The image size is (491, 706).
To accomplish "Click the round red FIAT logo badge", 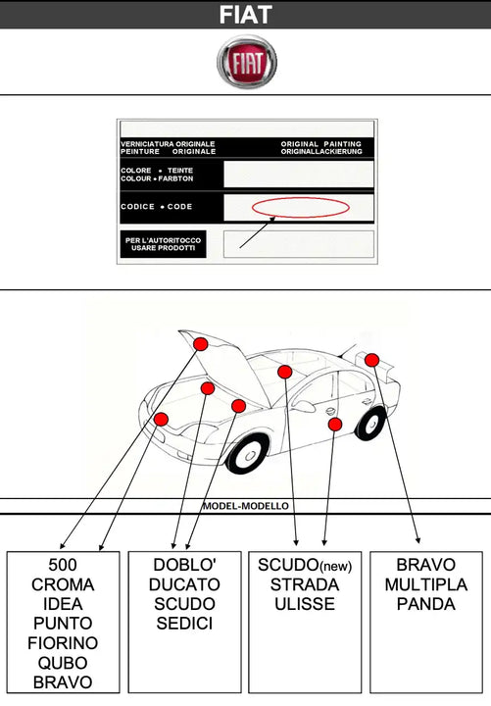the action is click(247, 62).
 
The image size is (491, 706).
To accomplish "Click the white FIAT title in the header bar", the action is click(245, 15).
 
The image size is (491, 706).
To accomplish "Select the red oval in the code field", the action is click(301, 207).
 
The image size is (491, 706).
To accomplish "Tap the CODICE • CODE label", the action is click(157, 207).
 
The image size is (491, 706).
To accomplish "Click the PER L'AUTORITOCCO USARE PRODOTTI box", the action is click(163, 244).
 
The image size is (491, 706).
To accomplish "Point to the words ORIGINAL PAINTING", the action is click(320, 143).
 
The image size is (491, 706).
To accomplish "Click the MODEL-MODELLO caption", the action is click(245, 506).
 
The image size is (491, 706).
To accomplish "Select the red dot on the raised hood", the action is click(200, 344).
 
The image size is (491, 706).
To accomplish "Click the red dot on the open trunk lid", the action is click(371, 360).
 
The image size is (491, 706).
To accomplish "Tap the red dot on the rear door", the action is click(335, 424).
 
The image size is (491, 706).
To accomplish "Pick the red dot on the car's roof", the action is click(284, 372).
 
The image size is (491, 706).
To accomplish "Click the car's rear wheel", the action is click(371, 424).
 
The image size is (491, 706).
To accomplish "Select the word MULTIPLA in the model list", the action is click(425, 584).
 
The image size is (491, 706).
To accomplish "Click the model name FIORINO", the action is click(63, 643).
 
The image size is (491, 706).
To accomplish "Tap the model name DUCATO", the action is click(184, 584).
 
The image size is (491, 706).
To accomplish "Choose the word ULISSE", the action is click(305, 604).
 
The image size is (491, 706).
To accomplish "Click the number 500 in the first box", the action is click(63, 565).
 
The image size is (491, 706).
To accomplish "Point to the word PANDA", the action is click(425, 604).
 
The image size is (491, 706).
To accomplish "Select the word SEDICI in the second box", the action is click(184, 624).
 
